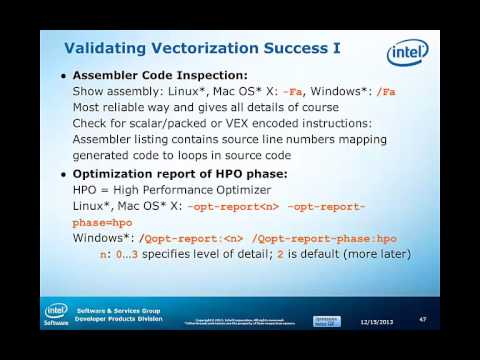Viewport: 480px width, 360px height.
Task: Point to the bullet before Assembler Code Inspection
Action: pos(65,77)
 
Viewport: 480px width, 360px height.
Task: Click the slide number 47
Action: pos(423,319)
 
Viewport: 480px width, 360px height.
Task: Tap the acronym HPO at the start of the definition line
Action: pos(88,191)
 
